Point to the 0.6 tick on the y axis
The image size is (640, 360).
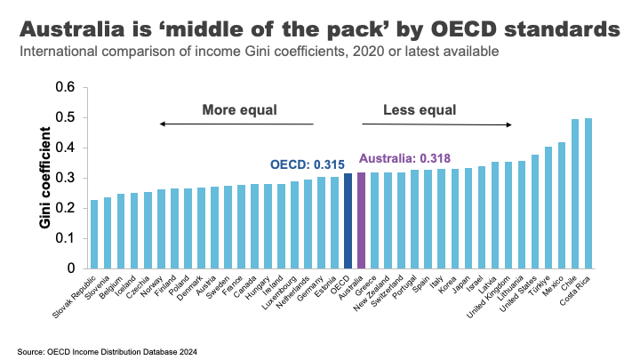click(x=65, y=87)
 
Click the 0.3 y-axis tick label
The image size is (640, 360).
click(x=65, y=178)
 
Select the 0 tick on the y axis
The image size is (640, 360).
click(x=71, y=268)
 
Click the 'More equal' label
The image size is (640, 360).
click(x=240, y=110)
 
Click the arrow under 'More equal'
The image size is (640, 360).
click(x=236, y=124)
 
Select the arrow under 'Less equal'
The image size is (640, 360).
click(x=436, y=124)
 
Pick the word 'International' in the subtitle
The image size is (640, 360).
click(x=60, y=52)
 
